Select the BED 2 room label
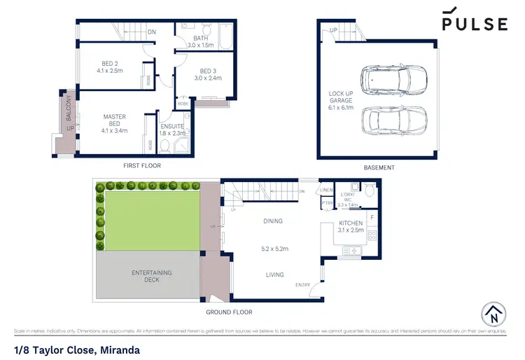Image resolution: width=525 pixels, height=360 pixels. click(112, 67)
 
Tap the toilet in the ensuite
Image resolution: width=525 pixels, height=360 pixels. click(165, 146)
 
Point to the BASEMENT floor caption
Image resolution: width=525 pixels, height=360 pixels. click(379, 167)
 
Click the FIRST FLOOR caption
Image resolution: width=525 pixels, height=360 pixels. click(141, 166)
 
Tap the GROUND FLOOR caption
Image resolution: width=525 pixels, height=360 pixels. click(229, 312)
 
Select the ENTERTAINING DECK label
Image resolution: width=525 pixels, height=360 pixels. click(152, 276)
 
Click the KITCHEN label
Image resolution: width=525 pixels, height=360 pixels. click(350, 226)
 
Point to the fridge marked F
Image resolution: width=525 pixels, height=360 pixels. click(372, 218)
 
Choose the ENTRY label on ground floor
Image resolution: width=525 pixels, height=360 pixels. click(302, 284)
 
